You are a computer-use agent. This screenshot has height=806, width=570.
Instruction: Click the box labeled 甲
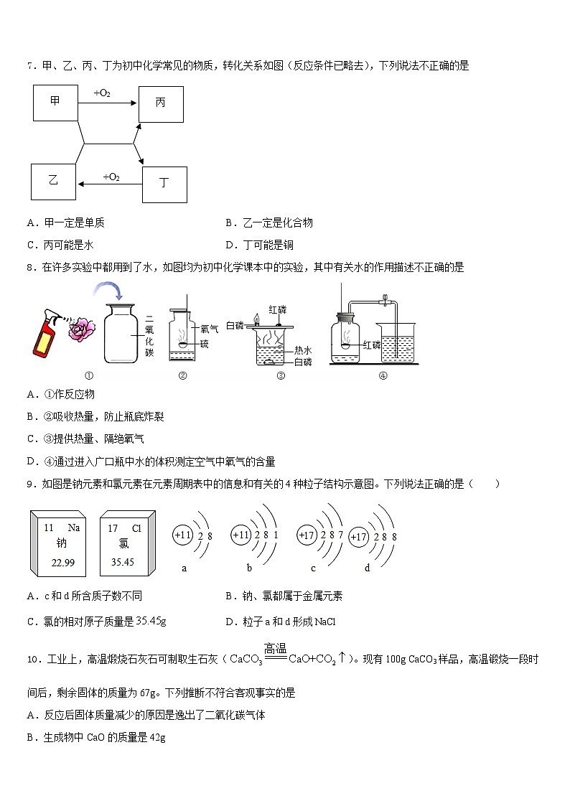55,102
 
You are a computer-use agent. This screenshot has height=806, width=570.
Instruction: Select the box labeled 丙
160,103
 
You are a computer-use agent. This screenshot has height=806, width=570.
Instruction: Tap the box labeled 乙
52,181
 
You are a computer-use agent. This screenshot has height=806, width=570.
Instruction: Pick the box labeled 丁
164,184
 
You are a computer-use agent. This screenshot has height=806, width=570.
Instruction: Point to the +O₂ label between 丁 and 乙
111,177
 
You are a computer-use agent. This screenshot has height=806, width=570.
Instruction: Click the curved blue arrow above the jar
108,292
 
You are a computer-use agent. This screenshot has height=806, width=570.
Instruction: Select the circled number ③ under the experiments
281,375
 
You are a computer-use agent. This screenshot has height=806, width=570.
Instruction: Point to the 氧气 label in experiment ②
209,329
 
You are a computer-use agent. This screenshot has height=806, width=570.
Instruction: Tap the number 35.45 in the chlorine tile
123,562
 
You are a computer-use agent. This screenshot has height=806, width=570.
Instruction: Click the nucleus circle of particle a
183,535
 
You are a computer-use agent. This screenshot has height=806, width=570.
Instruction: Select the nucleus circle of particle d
360,537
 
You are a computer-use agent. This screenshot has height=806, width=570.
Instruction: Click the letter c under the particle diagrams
313,568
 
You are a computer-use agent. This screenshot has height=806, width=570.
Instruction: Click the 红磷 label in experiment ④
371,345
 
